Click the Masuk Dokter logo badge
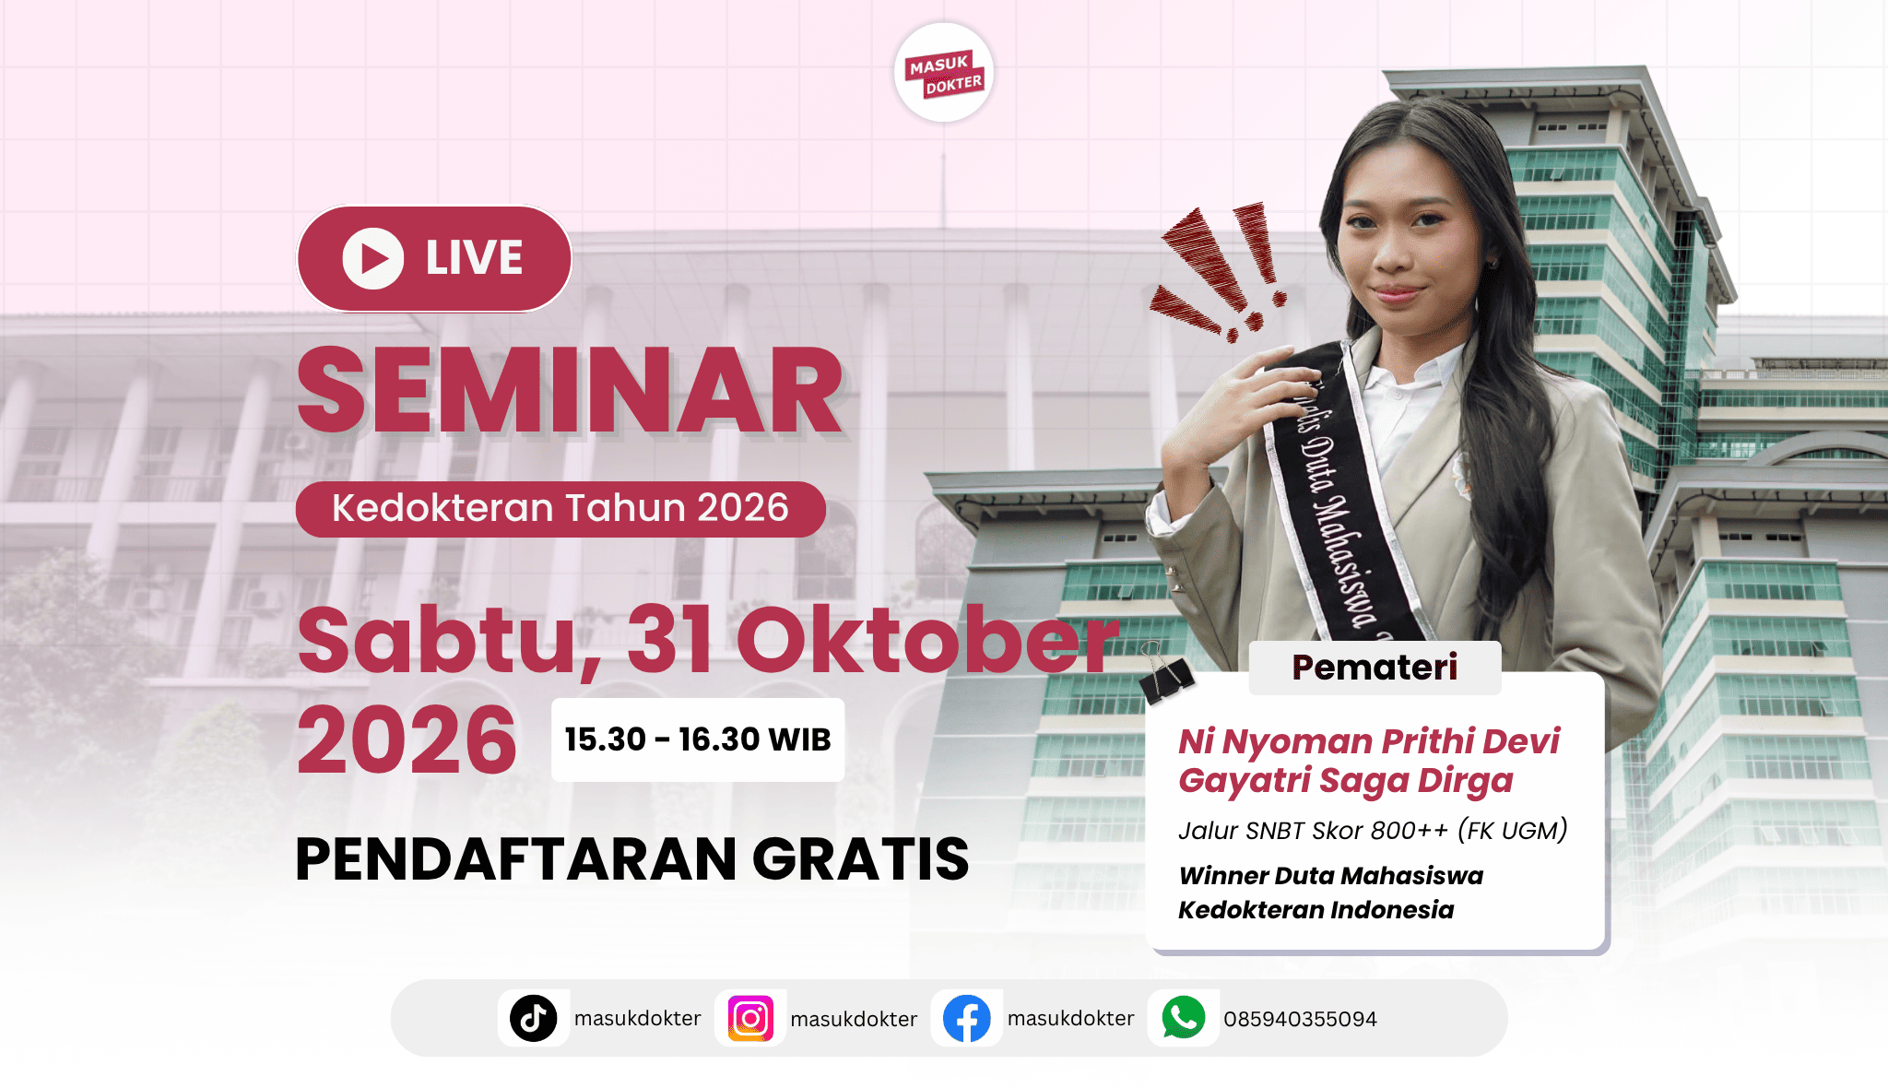tap(943, 73)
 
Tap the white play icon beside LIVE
tap(373, 258)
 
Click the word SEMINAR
tap(570, 390)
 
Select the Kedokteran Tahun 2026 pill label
tap(560, 509)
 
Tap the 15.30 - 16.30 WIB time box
tap(698, 739)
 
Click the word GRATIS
tap(861, 859)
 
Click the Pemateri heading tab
tap(1375, 668)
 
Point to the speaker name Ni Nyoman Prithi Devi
tap(1369, 741)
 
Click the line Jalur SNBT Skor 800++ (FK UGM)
tap(1373, 831)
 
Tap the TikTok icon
tap(534, 1019)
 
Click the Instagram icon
tap(750, 1019)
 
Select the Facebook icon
tap(967, 1019)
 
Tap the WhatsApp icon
tap(1184, 1018)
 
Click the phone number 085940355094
tap(1300, 1020)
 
